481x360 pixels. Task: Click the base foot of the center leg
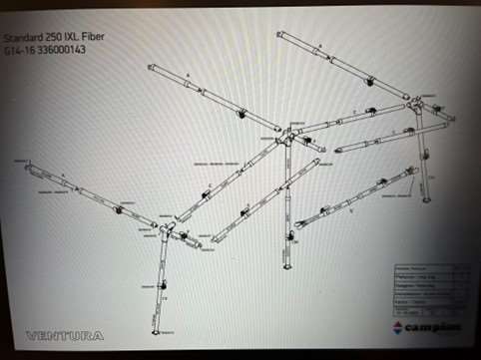[289, 269]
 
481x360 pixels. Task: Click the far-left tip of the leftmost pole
[27, 167]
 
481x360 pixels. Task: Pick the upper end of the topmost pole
[281, 35]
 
